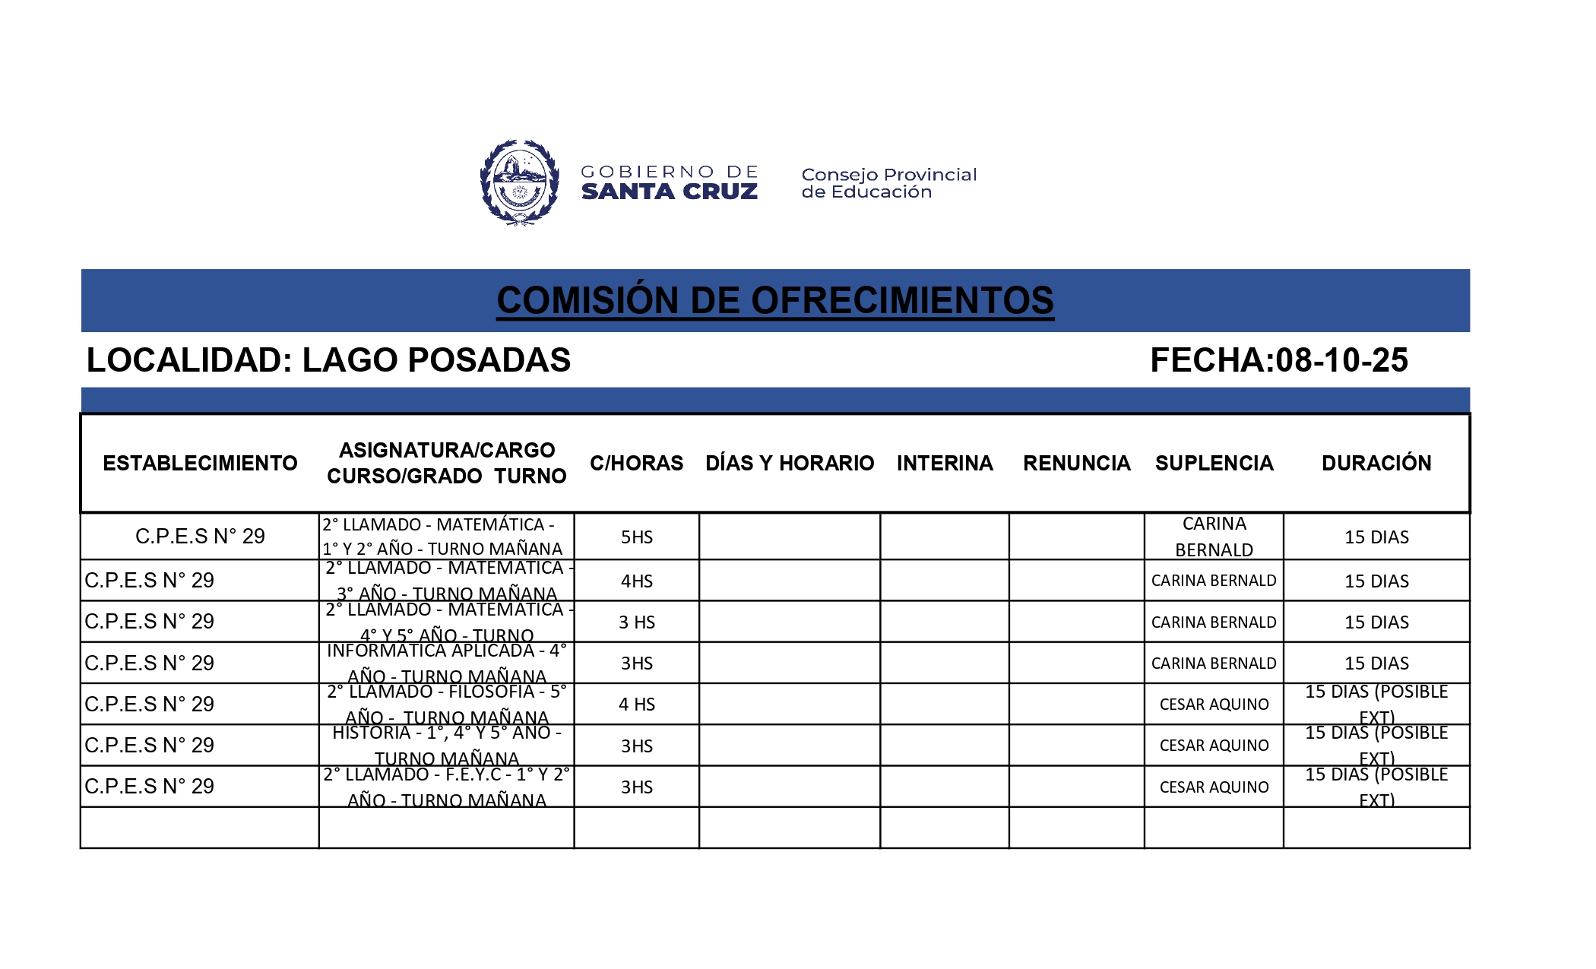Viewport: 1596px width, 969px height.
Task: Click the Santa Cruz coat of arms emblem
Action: (x=520, y=182)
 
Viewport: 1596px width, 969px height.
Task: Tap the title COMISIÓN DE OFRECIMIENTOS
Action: (x=774, y=300)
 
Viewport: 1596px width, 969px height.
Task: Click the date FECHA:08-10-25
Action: (x=1278, y=360)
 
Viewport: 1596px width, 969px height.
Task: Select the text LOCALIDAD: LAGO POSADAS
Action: (x=328, y=360)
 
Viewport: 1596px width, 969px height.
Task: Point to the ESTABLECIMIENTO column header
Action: (x=200, y=463)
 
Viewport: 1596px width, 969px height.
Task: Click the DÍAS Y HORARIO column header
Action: (x=790, y=463)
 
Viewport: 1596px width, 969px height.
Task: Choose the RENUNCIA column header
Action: (x=1076, y=463)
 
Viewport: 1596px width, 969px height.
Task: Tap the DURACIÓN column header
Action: (x=1376, y=463)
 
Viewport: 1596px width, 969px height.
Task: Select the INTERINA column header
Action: (x=945, y=463)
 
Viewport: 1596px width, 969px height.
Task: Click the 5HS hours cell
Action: (x=637, y=537)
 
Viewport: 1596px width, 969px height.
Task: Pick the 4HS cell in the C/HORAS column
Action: (x=637, y=581)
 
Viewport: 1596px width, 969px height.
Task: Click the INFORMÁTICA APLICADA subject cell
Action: (x=447, y=663)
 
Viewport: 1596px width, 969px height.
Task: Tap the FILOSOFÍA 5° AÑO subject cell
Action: (x=447, y=704)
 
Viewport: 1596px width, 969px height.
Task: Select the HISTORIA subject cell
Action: (x=447, y=745)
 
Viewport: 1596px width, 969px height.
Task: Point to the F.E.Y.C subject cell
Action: (x=447, y=787)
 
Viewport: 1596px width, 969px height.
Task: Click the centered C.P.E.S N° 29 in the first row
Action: (x=200, y=537)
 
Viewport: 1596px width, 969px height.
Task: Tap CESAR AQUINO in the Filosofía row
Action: (x=1214, y=705)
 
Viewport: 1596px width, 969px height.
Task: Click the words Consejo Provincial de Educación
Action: (x=888, y=183)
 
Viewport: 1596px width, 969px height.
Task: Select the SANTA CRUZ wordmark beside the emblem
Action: (x=669, y=192)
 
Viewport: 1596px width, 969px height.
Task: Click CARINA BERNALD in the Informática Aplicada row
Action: (x=1214, y=663)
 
